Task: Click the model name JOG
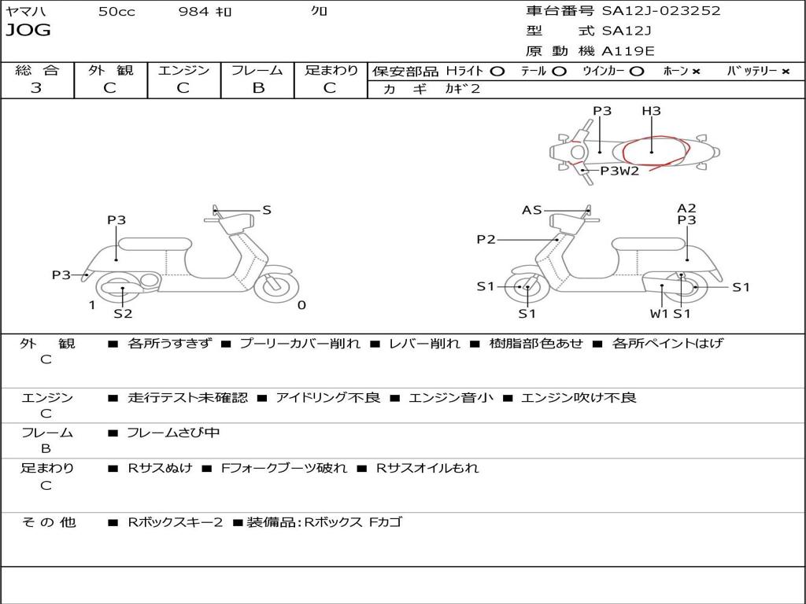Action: pos(28,30)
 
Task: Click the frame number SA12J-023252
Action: pos(661,10)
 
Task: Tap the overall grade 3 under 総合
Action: pos(36,88)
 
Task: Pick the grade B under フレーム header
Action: pos(258,88)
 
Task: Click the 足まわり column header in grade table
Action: pos(331,70)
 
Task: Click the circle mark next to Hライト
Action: pos(497,72)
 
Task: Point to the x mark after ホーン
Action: pos(696,72)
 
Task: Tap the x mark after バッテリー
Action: pos(786,72)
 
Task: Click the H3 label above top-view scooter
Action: pos(651,111)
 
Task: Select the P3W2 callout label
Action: pos(619,171)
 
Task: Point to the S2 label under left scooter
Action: pos(123,313)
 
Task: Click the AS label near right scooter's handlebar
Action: pos(532,210)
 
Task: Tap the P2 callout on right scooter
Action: pos(486,239)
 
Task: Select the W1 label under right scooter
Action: pos(659,313)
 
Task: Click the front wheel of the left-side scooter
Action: pos(276,285)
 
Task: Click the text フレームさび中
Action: pos(174,433)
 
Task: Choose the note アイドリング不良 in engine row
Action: pos(328,397)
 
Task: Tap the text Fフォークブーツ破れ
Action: pos(283,469)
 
